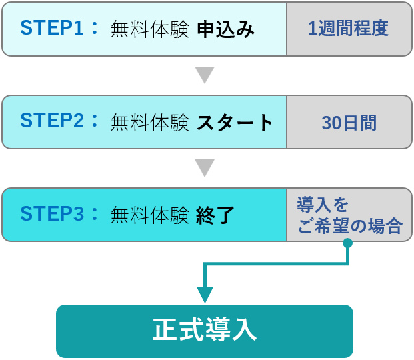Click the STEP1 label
pos(51,28)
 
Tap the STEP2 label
pos(51,121)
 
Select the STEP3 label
pos(51,214)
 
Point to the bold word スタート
pos(235,122)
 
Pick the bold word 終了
pos(215,215)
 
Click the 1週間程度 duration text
pos(348,29)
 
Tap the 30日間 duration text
pos(349,122)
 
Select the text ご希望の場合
pos(350,226)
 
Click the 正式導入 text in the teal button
pos(205,331)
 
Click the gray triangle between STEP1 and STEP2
pos(205,74)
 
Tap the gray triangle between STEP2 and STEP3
pos(205,167)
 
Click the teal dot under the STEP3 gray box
pos(347,243)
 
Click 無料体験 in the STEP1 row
pos(150,29)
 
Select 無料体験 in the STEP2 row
pos(150,122)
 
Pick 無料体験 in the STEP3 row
pos(150,215)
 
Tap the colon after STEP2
pos(95,121)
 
